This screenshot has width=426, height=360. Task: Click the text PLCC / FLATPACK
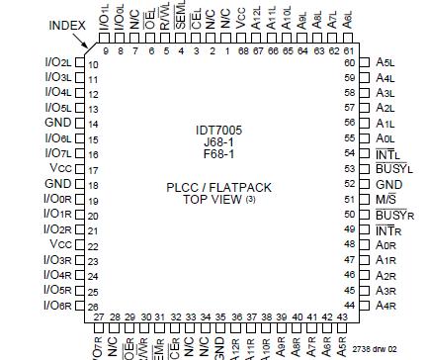click(x=217, y=187)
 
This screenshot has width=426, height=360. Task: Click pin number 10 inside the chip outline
click(x=95, y=64)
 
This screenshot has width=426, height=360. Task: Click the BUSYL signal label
click(x=393, y=169)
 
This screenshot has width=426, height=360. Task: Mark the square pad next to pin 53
click(x=363, y=169)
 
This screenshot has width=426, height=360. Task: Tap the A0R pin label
click(x=386, y=245)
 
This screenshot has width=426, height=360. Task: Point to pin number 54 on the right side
click(x=348, y=154)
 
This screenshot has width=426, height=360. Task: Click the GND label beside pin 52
click(x=388, y=184)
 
